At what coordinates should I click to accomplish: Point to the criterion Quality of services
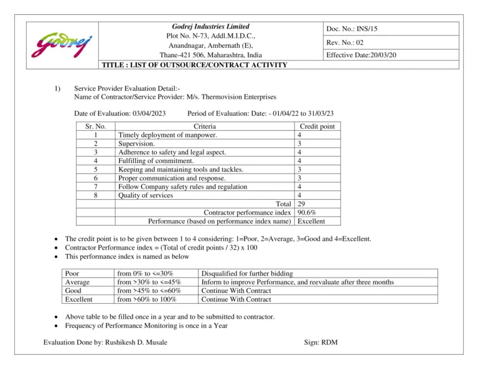click(x=146, y=195)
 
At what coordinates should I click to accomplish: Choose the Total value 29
click(x=302, y=203)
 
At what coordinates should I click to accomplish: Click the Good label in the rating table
click(x=73, y=291)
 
